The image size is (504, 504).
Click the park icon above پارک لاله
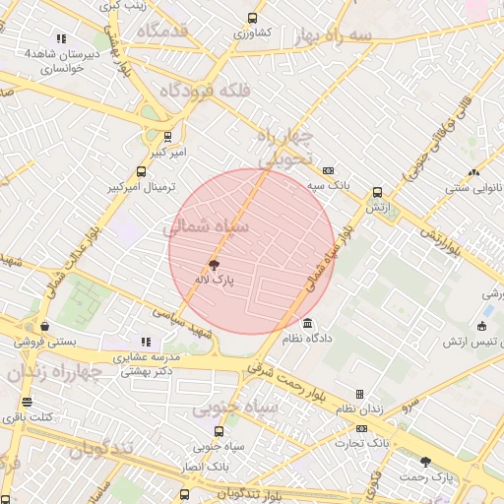click(214, 265)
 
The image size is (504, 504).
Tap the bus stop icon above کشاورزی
click(252, 18)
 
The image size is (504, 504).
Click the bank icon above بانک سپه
click(328, 169)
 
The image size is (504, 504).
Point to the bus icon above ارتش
click(377, 192)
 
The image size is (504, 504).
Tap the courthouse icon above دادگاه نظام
click(308, 324)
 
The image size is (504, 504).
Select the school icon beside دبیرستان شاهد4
click(61, 38)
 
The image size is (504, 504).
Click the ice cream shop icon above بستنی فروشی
click(44, 326)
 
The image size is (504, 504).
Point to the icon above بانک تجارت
click(361, 428)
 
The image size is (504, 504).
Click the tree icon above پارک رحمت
click(425, 461)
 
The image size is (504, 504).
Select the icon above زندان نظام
click(359, 394)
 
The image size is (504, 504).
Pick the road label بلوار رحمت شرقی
click(279, 370)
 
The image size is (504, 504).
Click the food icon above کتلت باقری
click(27, 402)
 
